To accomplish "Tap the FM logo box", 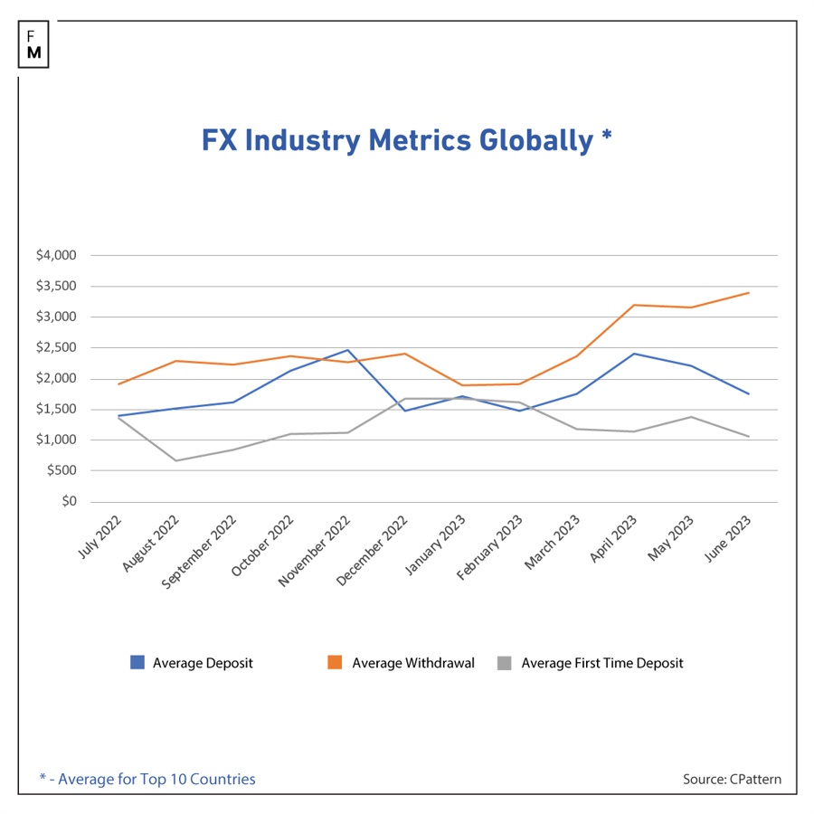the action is click(33, 44).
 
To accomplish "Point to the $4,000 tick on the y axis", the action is click(56, 255).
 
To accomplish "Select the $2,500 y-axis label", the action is click(56, 347).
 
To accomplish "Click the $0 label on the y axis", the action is click(69, 501).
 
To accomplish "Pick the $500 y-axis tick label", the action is click(62, 470).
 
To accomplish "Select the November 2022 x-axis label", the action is click(314, 551).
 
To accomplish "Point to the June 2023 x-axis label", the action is click(727, 538).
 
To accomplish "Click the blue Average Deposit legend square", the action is click(137, 662).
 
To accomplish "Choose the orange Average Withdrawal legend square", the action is click(335, 662).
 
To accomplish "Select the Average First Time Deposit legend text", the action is click(602, 663).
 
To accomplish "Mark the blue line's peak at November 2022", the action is click(348, 350).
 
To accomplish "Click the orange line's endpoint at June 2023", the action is click(749, 293).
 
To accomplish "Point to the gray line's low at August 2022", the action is click(176, 460).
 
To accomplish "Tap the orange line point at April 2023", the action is click(634, 305).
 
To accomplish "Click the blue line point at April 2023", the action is click(634, 354).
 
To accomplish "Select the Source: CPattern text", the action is click(732, 780).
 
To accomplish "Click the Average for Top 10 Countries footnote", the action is click(147, 780).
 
